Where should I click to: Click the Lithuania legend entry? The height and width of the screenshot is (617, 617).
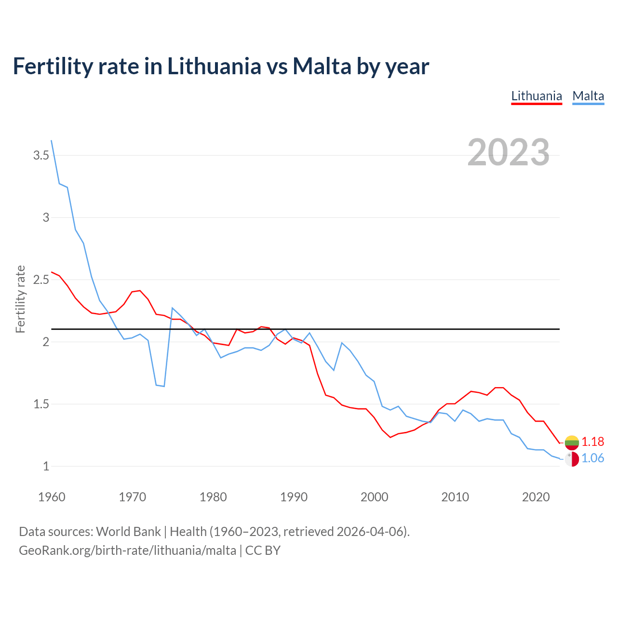(x=537, y=96)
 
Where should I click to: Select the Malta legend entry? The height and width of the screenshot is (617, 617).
(x=588, y=96)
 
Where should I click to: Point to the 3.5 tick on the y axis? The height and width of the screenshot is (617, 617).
(x=41, y=155)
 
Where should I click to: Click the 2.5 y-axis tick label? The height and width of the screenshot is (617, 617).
(x=41, y=280)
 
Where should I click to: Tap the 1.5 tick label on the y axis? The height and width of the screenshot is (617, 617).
(x=41, y=404)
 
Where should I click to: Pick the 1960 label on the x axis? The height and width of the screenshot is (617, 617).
(x=52, y=497)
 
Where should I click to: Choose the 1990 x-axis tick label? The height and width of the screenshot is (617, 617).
(x=294, y=497)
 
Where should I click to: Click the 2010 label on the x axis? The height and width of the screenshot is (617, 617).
(x=455, y=497)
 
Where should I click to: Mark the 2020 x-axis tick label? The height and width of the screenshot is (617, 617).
(x=536, y=497)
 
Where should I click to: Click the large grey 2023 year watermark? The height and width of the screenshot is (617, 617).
(x=509, y=152)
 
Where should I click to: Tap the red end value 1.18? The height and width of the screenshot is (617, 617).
(x=592, y=442)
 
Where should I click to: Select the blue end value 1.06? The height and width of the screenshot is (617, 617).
(x=592, y=458)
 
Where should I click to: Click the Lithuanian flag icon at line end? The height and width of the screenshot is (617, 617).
(x=572, y=442)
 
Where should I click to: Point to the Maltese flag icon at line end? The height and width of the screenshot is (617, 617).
(x=572, y=459)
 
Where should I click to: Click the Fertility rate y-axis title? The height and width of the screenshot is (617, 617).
(x=20, y=299)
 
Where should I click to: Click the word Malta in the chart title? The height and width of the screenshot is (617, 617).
(x=322, y=66)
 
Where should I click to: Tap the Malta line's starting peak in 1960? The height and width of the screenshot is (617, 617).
(x=52, y=141)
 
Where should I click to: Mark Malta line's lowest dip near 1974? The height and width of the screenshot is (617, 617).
(x=164, y=386)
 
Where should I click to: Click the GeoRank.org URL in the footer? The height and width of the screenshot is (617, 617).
(x=127, y=550)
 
